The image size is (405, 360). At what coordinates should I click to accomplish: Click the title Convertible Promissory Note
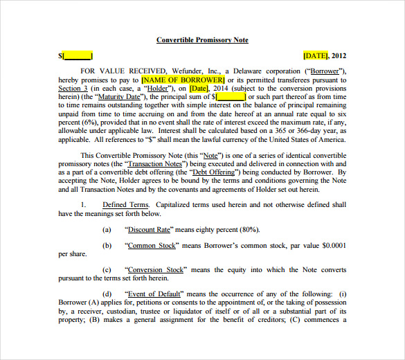[202, 40]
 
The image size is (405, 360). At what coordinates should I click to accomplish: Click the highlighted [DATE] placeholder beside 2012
[316, 55]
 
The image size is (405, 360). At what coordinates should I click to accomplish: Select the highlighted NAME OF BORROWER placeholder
[183, 80]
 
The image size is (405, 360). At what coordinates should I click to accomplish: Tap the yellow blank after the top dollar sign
[78, 55]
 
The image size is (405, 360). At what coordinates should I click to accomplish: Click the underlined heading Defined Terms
[125, 205]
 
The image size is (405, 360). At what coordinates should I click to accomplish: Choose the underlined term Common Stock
[150, 245]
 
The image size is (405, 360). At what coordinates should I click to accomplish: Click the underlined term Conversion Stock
[155, 269]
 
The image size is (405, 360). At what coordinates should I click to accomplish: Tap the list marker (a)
[107, 229]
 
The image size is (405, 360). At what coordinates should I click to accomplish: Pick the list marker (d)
[107, 294]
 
